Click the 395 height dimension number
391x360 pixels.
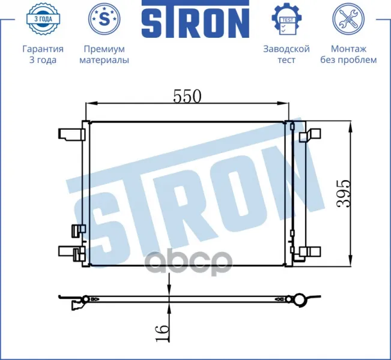click(x=344, y=193)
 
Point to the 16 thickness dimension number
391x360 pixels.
click(x=162, y=333)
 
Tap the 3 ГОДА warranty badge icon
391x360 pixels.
click(x=43, y=19)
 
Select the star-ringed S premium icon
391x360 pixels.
click(x=104, y=19)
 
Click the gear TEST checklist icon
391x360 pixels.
click(x=286, y=19)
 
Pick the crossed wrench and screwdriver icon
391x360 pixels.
click(x=348, y=19)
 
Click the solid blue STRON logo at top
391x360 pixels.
click(x=196, y=19)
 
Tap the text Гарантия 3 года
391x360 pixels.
click(x=43, y=55)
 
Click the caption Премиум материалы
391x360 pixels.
click(x=105, y=55)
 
